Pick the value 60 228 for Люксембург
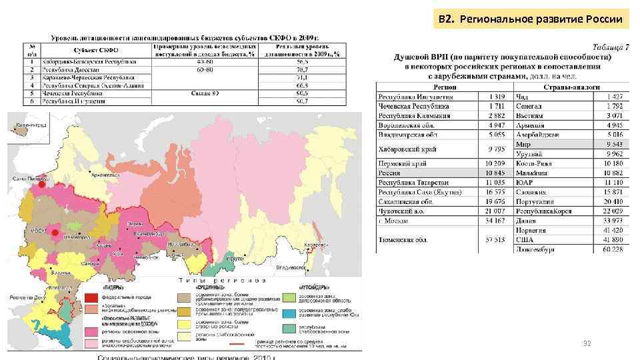[610, 249]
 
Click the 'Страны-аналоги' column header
[571, 87]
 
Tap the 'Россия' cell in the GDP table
[390, 172]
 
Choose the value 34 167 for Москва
[493, 220]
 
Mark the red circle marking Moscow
[55, 235]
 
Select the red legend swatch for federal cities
[91, 296]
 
